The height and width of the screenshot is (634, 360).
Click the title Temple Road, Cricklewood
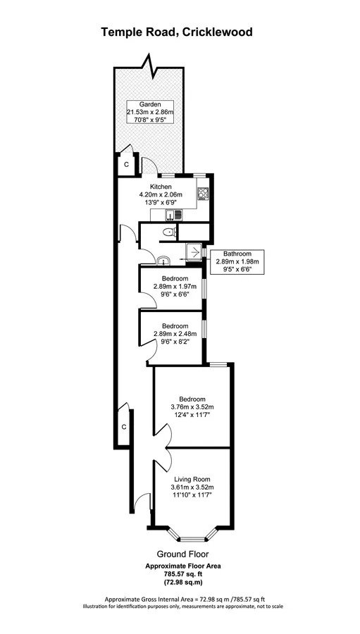(x=177, y=32)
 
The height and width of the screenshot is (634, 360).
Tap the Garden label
(x=150, y=104)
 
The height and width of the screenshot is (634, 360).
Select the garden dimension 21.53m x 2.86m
(x=150, y=112)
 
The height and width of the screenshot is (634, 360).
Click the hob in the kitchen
(x=204, y=194)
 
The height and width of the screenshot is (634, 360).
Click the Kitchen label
(x=161, y=187)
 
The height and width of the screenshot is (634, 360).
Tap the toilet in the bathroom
(x=168, y=232)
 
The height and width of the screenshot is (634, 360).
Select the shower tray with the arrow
(x=194, y=253)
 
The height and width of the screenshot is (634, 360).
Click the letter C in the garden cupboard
(x=126, y=165)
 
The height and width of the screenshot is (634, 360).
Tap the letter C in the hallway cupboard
(x=124, y=427)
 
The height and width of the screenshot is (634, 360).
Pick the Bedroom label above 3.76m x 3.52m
(x=192, y=399)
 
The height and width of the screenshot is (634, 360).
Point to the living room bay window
(x=192, y=535)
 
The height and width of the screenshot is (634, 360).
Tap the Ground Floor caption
(x=183, y=554)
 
